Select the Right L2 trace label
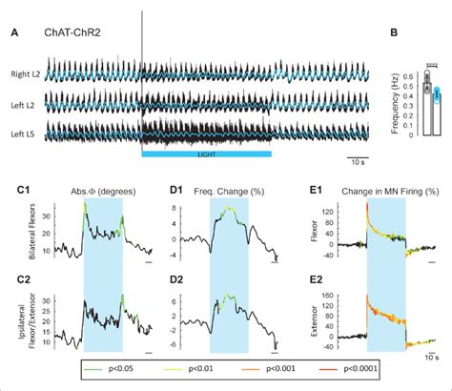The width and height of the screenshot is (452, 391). tap(24, 73)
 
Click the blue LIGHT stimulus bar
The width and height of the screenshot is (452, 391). tap(207, 153)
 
